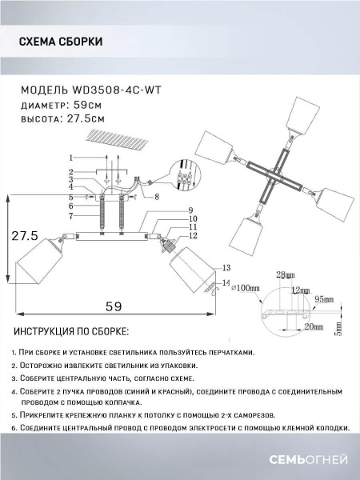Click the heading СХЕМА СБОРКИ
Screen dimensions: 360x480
(x=59, y=42)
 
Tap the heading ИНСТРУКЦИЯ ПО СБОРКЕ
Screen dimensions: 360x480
(x=70, y=331)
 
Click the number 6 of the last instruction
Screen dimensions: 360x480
(x=14, y=428)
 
